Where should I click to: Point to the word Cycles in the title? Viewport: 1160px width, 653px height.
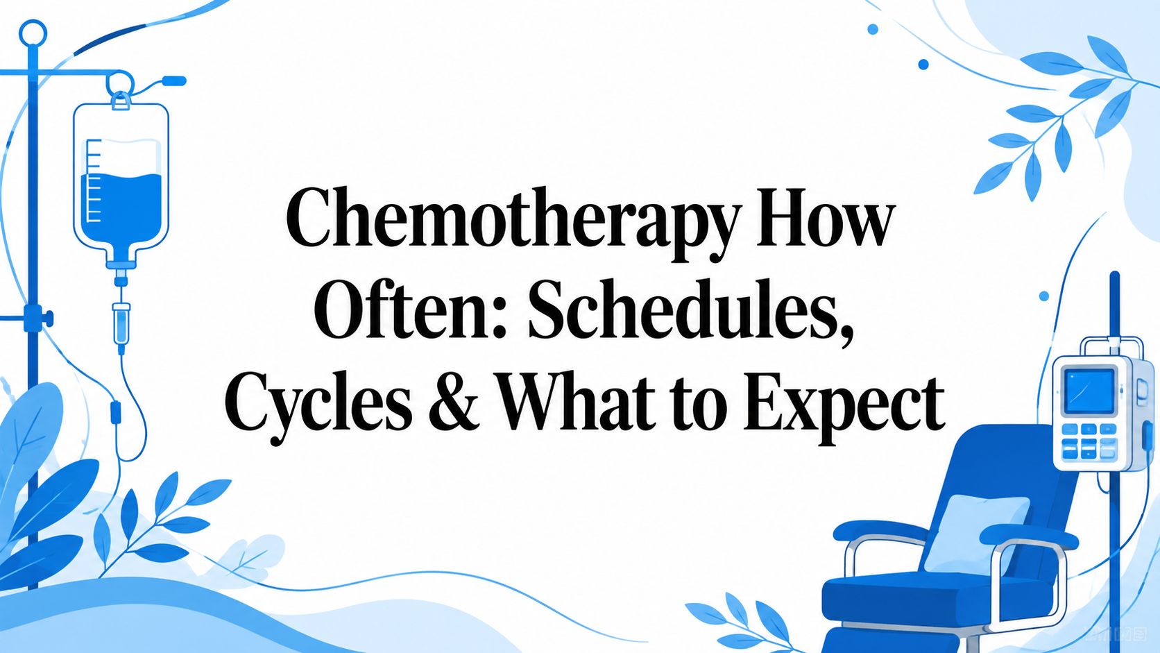click(318, 409)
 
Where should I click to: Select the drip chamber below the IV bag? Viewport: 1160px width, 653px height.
click(121, 323)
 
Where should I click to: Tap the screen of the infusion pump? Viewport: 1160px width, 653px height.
click(1088, 391)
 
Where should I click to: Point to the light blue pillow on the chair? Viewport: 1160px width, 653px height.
click(975, 533)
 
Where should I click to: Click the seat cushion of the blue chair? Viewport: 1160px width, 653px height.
click(932, 595)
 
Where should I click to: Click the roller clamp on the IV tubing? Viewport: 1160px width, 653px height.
click(115, 412)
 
